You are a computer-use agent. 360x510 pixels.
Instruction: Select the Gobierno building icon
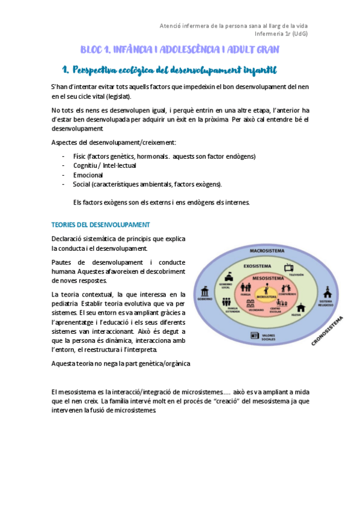pos(204,289)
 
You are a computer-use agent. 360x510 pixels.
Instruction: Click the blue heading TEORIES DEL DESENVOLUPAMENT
pos(100,224)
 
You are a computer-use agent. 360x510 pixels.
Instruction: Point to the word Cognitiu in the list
pos(86,165)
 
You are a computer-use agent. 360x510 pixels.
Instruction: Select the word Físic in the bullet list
pos(80,156)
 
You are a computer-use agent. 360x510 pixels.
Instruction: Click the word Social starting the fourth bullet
pos(82,184)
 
